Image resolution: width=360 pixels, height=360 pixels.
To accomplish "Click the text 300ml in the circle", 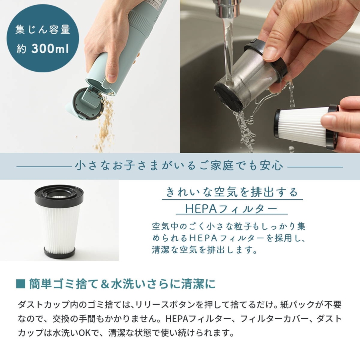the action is point(50,48).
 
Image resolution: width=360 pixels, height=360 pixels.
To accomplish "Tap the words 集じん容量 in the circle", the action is point(43,30).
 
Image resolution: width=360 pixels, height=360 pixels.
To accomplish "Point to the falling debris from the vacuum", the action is point(104,124).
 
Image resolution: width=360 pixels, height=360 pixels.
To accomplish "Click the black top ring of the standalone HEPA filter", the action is point(59,195).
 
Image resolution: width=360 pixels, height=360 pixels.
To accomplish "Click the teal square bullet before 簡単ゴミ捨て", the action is point(21,284).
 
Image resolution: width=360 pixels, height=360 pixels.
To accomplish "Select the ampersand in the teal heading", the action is point(105,284).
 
